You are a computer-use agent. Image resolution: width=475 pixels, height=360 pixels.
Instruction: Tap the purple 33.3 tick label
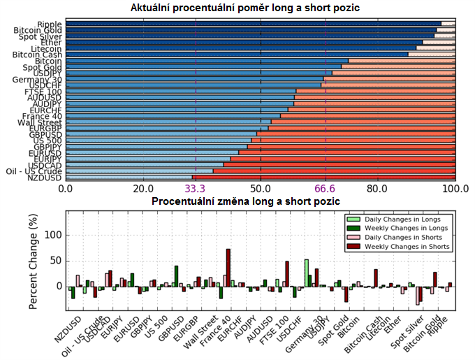[195, 189]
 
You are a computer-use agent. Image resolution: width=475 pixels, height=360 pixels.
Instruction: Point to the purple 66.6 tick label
[326, 189]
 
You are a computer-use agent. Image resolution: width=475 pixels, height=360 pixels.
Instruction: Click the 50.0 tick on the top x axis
[261, 189]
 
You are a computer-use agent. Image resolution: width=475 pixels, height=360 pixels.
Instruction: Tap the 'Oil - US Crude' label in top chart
[34, 171]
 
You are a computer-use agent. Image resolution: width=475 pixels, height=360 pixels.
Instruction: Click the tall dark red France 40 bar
[228, 268]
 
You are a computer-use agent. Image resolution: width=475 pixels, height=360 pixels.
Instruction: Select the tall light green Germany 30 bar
[307, 273]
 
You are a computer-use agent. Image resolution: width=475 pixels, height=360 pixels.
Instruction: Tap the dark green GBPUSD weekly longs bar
[176, 276]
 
